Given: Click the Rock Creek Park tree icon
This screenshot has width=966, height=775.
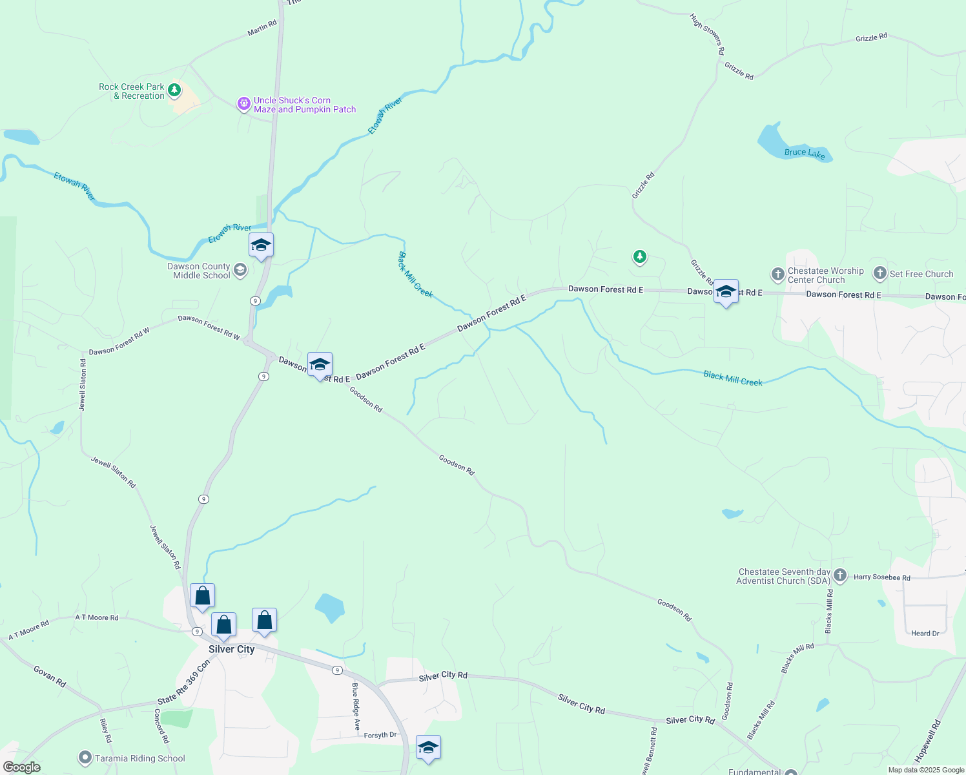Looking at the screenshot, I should pyautogui.click(x=174, y=90).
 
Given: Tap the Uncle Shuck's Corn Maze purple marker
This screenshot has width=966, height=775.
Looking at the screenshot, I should pyautogui.click(x=243, y=103).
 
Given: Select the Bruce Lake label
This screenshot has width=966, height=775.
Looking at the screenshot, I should pyautogui.click(x=805, y=153).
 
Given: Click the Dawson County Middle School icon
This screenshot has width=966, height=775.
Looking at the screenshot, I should pyautogui.click(x=240, y=269).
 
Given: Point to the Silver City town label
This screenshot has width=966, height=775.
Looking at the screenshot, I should pyautogui.click(x=231, y=649).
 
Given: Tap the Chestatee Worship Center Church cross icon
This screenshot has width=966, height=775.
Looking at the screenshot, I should pyautogui.click(x=777, y=274).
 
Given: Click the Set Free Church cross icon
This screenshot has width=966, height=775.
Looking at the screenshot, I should pyautogui.click(x=879, y=274).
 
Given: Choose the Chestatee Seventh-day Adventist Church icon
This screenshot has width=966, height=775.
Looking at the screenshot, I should pyautogui.click(x=839, y=575).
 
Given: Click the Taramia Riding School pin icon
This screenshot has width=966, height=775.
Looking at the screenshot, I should pyautogui.click(x=85, y=758).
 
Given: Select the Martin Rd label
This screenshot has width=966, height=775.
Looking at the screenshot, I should pyautogui.click(x=262, y=28).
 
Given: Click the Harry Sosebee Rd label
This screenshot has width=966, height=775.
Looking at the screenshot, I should pyautogui.click(x=881, y=577).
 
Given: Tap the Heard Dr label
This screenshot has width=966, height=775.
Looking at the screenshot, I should pyautogui.click(x=925, y=633).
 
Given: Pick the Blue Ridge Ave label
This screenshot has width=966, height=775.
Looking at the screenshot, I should pyautogui.click(x=355, y=707).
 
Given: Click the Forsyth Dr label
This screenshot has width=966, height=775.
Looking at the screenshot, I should pyautogui.click(x=380, y=735).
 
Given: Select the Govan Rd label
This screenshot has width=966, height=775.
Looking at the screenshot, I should pyautogui.click(x=50, y=676).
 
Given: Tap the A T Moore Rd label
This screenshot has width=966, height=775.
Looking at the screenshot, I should pyautogui.click(x=97, y=617).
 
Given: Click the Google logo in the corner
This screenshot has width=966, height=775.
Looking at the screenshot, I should pyautogui.click(x=21, y=767).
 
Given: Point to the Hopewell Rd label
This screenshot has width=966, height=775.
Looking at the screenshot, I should pyautogui.click(x=928, y=741).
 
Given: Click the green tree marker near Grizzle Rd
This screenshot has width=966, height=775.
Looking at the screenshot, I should pyautogui.click(x=639, y=257).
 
